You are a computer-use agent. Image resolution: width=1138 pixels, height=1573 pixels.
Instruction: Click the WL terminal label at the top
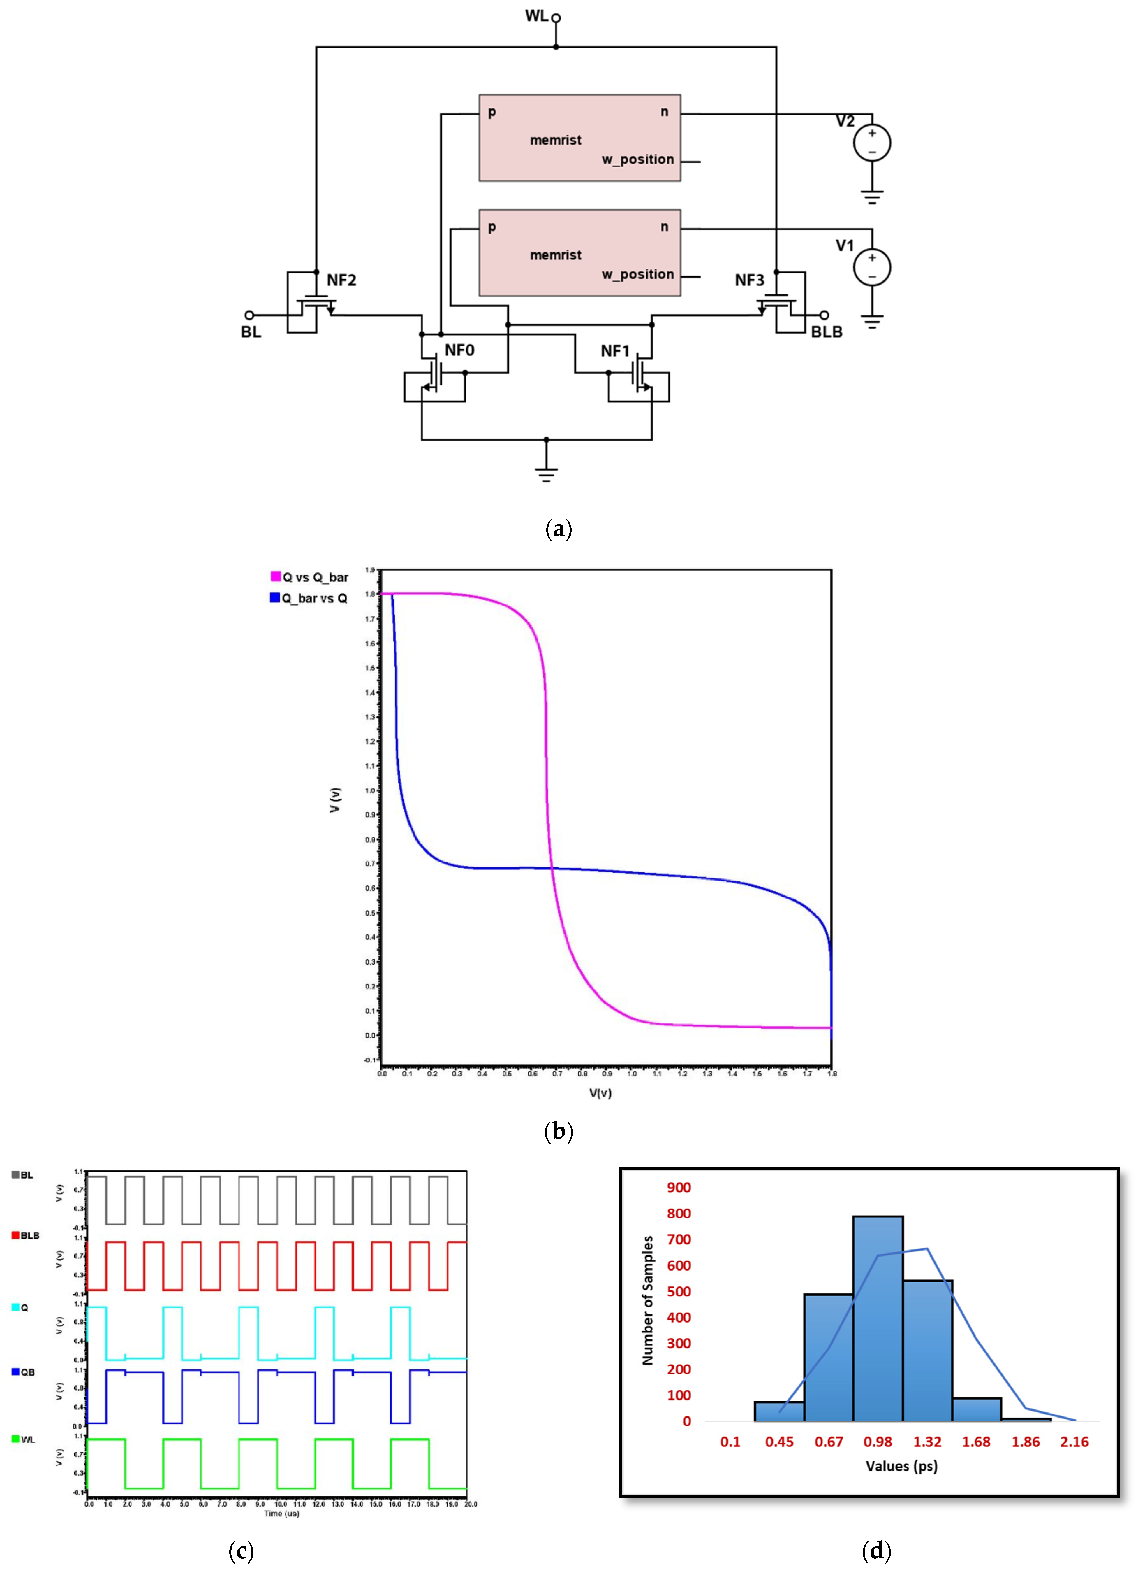tap(536, 15)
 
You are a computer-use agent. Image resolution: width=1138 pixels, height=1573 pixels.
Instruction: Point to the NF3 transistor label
tap(749, 280)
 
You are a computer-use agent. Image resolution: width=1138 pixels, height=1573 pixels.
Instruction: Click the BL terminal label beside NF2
tap(251, 332)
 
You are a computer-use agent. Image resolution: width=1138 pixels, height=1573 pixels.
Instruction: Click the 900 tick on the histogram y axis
tap(679, 1187)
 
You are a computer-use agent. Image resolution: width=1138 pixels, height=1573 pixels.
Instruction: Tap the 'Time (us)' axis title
tap(281, 1513)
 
